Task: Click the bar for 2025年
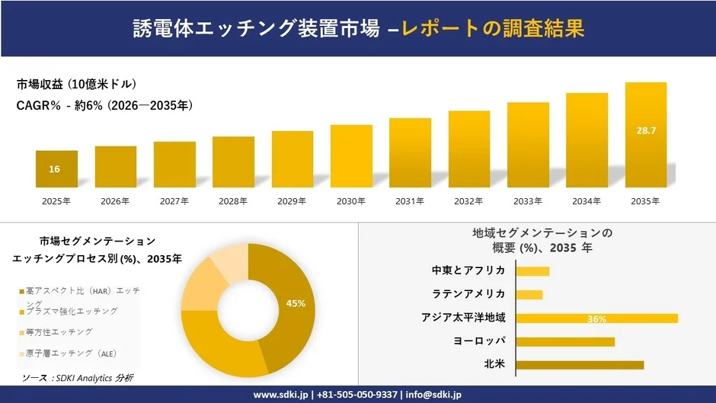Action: pyautogui.click(x=56, y=169)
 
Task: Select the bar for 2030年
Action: pyautogui.click(x=351, y=156)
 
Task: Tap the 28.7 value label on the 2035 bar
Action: pyautogui.click(x=646, y=131)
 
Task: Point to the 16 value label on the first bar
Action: pyautogui.click(x=55, y=169)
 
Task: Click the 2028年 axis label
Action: pyautogui.click(x=233, y=201)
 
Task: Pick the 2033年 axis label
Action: pyautogui.click(x=528, y=201)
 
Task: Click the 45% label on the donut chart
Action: pyautogui.click(x=296, y=303)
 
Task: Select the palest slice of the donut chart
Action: pyautogui.click(x=228, y=264)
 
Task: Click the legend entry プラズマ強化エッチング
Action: pyautogui.click(x=72, y=312)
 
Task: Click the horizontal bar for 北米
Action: pyautogui.click(x=580, y=365)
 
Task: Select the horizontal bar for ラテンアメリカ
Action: pyautogui.click(x=529, y=294)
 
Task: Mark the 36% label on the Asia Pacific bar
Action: pyautogui.click(x=596, y=318)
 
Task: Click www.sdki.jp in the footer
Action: pyautogui.click(x=280, y=395)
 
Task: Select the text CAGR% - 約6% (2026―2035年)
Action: pyautogui.click(x=104, y=106)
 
